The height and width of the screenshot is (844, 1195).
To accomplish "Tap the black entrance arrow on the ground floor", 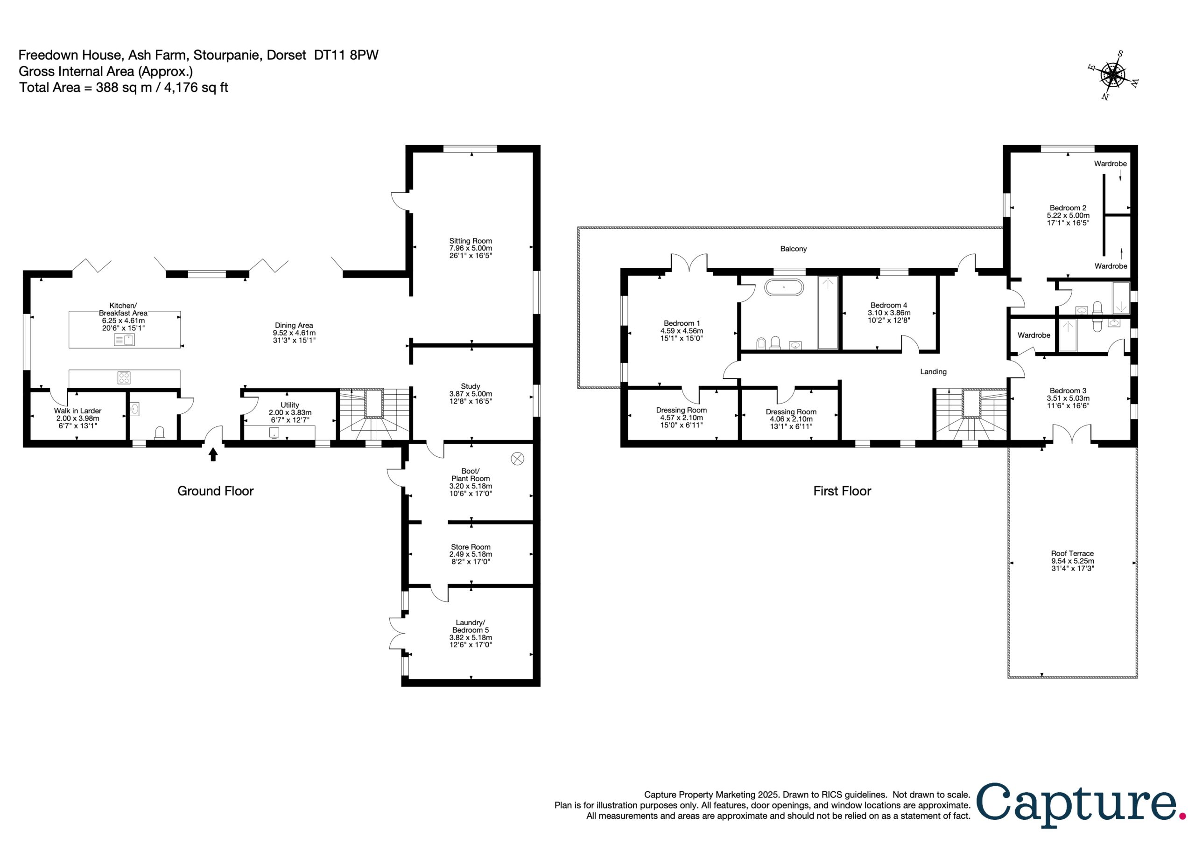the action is click(213, 455).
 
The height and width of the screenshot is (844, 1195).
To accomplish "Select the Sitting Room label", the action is click(471, 241).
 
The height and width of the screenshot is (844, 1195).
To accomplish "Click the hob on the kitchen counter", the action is click(124, 377).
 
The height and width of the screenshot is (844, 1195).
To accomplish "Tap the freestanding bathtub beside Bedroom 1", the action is click(784, 287).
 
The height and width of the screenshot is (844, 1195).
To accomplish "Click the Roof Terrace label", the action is click(1072, 554).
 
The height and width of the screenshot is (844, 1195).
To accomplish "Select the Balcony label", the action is click(793, 249).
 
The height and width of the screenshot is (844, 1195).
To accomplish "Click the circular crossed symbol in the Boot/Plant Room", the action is click(517, 459).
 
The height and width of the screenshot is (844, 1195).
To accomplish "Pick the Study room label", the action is click(471, 387).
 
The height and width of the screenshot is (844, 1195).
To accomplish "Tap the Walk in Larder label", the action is click(77, 411).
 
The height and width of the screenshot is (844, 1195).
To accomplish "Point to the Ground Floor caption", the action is click(216, 491).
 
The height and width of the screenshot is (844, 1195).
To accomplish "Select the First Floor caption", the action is click(842, 491).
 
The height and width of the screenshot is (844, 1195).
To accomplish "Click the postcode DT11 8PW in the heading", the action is click(346, 55).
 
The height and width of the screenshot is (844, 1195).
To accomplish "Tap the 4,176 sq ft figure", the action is click(196, 87).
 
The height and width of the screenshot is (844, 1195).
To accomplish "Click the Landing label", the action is click(933, 371).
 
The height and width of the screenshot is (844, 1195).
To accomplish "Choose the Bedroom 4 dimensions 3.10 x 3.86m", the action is click(889, 313).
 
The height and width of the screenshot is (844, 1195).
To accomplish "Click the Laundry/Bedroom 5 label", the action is click(471, 626).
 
